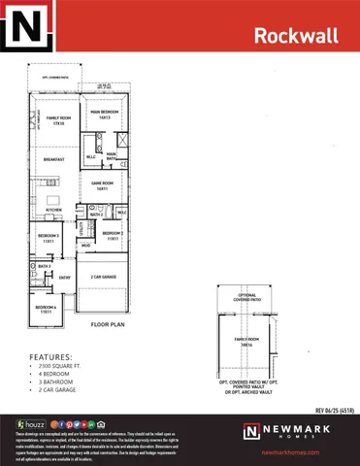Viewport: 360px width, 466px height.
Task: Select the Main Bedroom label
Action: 105,115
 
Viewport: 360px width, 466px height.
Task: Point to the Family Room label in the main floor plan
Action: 58,120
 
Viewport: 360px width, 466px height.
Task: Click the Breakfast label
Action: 54,159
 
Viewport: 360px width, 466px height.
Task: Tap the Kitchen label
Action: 54,210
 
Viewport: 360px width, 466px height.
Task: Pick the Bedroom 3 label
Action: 49,236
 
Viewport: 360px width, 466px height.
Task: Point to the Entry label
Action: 65,278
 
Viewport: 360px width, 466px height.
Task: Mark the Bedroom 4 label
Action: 47,311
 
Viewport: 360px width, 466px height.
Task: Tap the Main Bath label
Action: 112,154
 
